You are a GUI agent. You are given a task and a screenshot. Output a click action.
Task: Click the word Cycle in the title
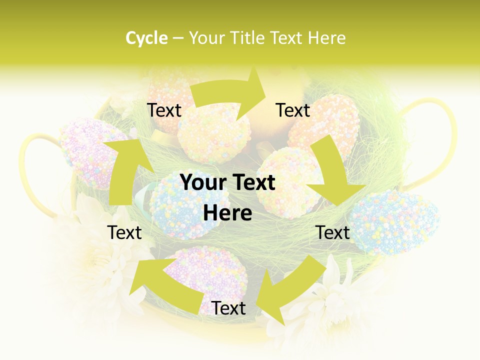pyautogui.click(x=146, y=38)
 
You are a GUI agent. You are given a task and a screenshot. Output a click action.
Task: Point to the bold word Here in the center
pyautogui.click(x=227, y=213)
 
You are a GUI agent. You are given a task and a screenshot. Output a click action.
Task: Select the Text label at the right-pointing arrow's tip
pyautogui.click(x=293, y=110)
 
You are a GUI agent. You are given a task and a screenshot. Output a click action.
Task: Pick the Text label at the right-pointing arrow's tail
pyautogui.click(x=164, y=110)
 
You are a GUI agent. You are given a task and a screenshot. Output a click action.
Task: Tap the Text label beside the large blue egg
pyautogui.click(x=333, y=232)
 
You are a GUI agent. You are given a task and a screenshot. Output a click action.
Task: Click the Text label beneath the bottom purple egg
pyautogui.click(x=228, y=308)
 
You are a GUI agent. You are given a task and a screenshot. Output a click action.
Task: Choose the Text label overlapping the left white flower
pyautogui.click(x=124, y=232)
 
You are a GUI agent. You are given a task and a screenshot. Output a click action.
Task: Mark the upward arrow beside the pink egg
pyautogui.click(x=125, y=170)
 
